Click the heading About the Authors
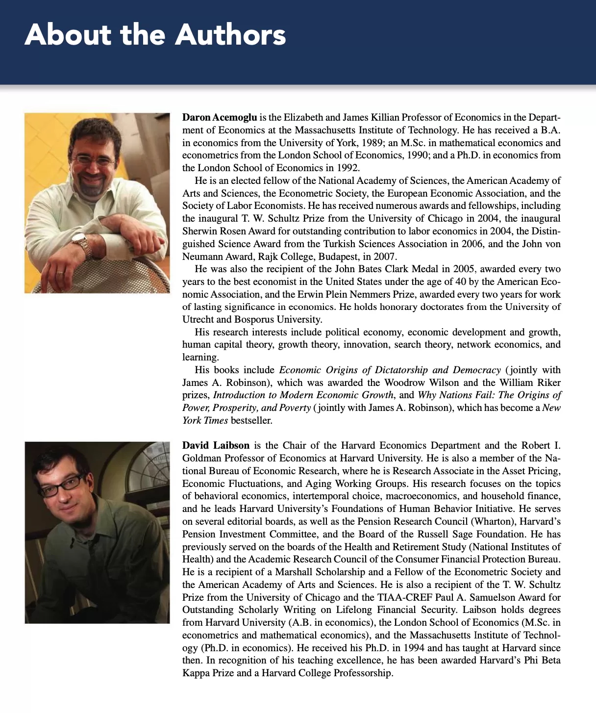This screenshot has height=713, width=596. pos(155,35)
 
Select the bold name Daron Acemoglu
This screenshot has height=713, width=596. pos(220,117)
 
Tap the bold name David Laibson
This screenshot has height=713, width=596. pos(216,445)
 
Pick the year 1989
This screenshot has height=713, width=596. pos(372,143)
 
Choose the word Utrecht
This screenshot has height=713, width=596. pos(198,319)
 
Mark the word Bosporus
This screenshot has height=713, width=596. pos(255,319)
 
